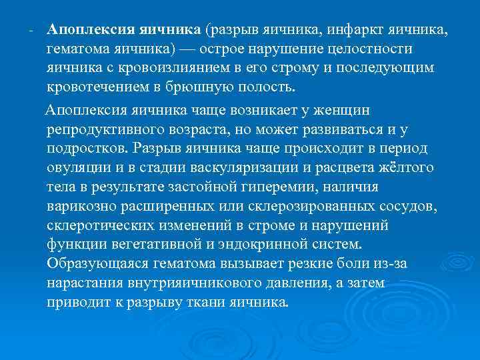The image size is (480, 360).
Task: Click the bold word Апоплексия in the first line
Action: click(x=91, y=30)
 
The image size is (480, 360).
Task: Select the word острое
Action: click(x=245, y=49)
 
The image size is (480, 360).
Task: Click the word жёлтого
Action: click(x=404, y=167)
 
